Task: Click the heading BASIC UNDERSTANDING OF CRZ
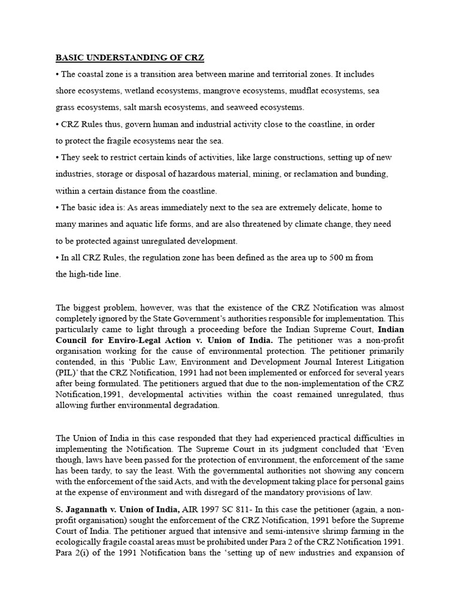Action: point(130,58)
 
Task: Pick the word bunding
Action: point(371,174)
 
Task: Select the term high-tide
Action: point(89,274)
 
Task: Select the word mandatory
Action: point(265,492)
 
